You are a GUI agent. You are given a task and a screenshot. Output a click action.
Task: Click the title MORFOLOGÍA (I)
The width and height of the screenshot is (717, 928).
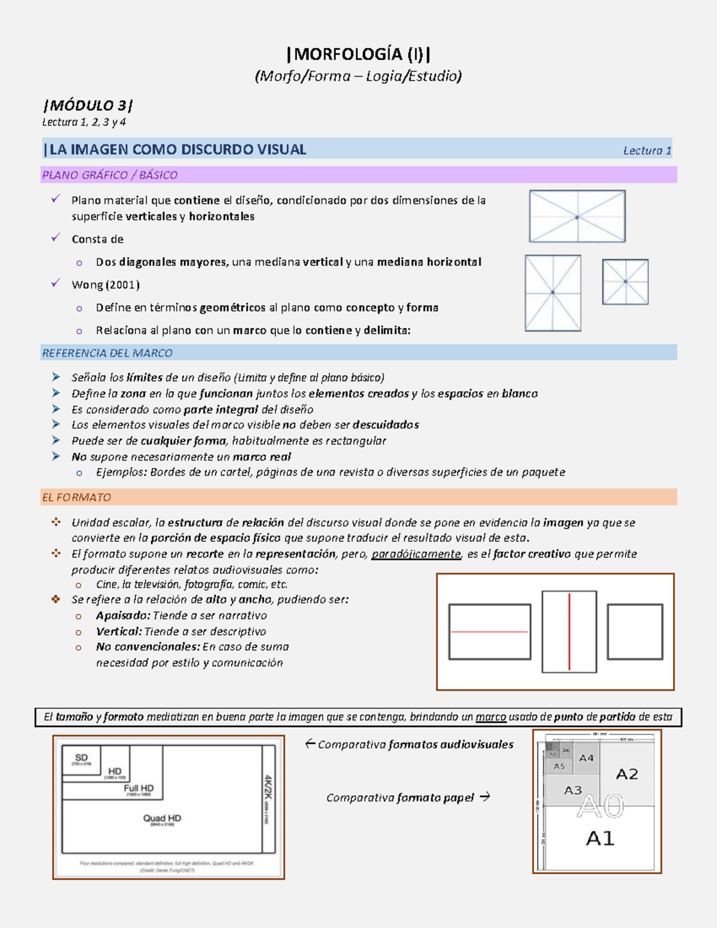358,54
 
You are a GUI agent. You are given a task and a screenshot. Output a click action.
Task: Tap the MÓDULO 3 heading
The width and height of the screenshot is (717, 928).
88,106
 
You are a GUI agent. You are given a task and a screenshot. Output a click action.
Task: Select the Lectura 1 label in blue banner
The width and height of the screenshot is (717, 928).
646,151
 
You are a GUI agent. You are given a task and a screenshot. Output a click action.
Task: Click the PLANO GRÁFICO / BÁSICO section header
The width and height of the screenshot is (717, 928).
109,175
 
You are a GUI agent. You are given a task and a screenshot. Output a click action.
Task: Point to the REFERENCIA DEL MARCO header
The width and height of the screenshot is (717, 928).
107,353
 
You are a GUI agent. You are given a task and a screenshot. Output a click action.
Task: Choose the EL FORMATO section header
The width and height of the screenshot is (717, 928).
76,497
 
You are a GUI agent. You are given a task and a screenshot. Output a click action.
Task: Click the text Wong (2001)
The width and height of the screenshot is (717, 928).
105,284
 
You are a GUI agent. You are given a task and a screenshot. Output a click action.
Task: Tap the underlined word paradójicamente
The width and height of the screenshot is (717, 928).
416,554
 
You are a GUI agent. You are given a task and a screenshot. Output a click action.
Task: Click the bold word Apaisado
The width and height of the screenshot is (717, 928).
123,615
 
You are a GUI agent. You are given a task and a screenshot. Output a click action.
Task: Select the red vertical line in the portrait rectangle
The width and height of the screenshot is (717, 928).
569,632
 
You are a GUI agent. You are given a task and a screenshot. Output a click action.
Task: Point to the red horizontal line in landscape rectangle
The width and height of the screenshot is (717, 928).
489,632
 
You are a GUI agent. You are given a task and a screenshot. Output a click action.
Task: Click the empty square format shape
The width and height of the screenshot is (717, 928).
635,632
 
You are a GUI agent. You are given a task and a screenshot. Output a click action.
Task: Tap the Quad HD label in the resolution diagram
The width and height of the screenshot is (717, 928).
162,818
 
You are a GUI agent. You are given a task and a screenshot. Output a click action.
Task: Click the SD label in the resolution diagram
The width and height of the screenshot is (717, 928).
81,758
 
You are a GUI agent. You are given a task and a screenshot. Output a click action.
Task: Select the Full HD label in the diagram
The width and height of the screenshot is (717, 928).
139,788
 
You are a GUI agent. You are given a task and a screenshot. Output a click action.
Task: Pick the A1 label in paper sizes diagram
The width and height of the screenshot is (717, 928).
600,838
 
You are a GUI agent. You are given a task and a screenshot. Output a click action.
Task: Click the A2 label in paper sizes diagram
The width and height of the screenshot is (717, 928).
627,774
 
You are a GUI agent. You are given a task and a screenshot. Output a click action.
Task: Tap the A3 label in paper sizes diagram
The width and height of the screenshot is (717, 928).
572,790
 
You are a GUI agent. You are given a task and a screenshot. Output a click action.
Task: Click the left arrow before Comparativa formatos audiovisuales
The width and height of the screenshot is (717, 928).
310,744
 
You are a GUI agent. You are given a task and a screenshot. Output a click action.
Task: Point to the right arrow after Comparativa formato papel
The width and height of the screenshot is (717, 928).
485,797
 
